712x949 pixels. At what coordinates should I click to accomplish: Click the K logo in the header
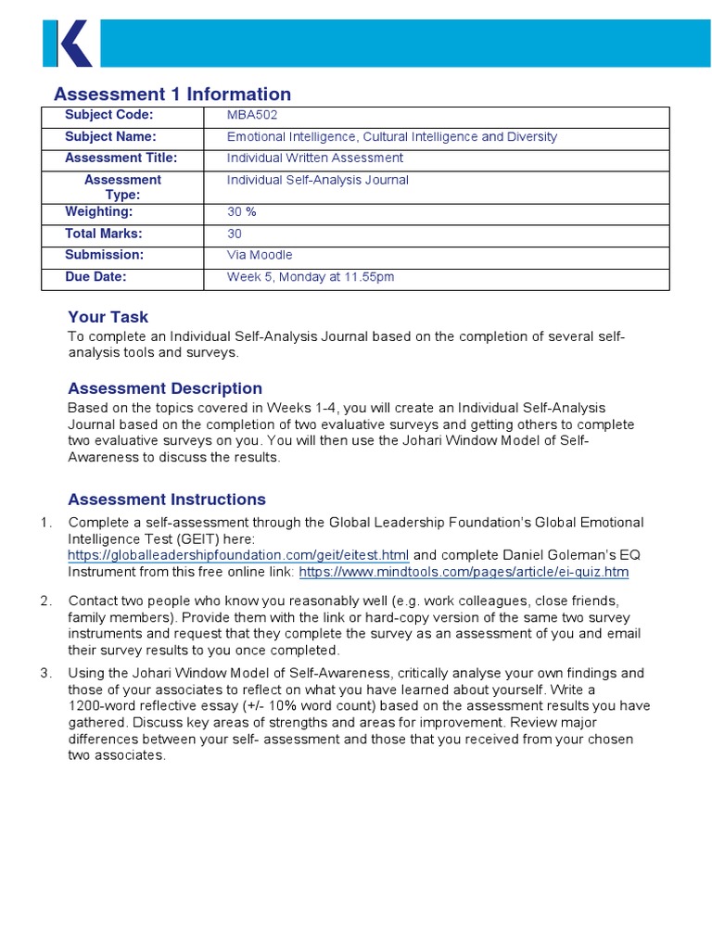[x=67, y=44]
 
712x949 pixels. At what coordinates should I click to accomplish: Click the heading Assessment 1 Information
[x=172, y=94]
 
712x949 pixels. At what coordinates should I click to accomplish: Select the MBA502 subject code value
[x=252, y=115]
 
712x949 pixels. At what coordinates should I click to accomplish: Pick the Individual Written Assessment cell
[x=315, y=158]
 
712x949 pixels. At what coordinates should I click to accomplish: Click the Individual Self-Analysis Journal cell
[x=317, y=180]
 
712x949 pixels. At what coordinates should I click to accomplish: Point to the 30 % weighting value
[x=242, y=212]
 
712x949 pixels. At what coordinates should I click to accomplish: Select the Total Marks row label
[x=104, y=234]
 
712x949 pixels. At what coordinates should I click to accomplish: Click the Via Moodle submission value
[x=260, y=255]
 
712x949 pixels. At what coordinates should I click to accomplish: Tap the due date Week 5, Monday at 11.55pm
[x=311, y=277]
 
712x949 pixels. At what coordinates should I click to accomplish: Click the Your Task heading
[x=108, y=317]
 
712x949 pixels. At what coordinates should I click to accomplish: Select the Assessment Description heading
[x=165, y=388]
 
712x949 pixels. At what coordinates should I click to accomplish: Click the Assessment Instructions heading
[x=167, y=500]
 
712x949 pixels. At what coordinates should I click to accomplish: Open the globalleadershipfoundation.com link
[x=238, y=555]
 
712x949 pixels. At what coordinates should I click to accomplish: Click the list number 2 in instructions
[x=45, y=601]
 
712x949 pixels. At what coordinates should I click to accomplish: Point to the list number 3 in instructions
[x=45, y=673]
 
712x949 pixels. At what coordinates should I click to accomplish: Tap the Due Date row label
[x=95, y=276]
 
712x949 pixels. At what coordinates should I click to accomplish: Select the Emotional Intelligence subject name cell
[x=392, y=137]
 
